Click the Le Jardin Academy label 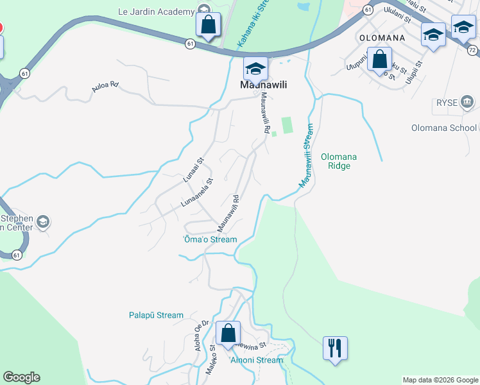(x=156, y=12)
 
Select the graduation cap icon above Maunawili (x=255, y=69)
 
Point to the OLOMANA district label (x=382, y=38)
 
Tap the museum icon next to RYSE (x=467, y=101)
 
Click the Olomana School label (x=444, y=128)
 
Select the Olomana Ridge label (x=338, y=161)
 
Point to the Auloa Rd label (x=105, y=85)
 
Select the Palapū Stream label (x=155, y=315)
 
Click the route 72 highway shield (x=473, y=49)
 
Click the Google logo (x=21, y=377)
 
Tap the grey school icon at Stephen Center (x=43, y=222)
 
